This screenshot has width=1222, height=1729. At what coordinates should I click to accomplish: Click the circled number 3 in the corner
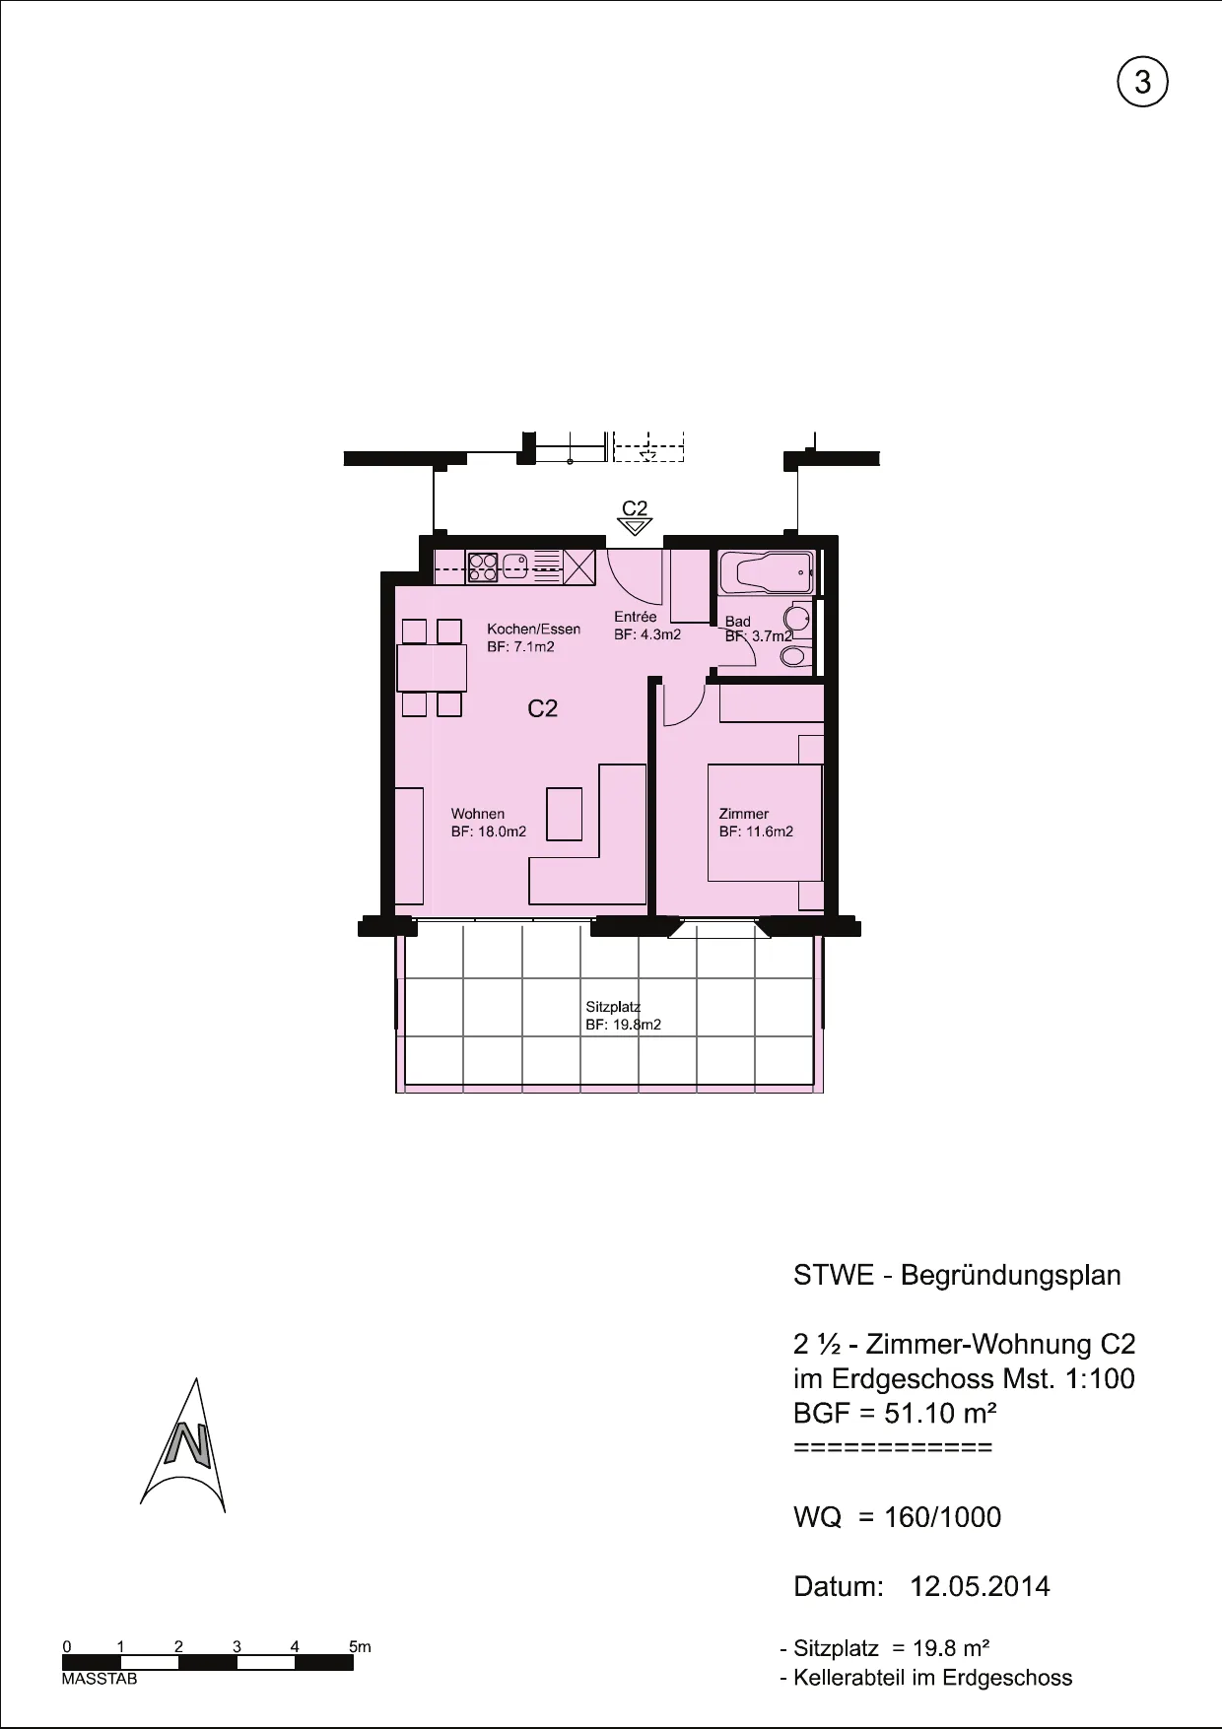(1142, 83)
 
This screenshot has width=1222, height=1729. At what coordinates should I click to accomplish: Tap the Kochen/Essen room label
(533, 629)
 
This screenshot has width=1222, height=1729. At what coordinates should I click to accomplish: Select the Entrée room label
(635, 617)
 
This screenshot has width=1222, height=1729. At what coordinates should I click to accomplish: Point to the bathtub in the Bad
(766, 572)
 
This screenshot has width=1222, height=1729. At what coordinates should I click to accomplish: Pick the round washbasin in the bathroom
(796, 618)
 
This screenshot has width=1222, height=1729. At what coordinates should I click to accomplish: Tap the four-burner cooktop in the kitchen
(483, 565)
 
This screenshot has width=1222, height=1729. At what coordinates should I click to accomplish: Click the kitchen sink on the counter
(516, 565)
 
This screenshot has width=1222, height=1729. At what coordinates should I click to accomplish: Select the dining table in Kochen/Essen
(431, 667)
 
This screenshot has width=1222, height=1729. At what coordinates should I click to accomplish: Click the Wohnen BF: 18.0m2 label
(489, 823)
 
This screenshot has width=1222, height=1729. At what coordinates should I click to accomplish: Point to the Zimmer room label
(744, 814)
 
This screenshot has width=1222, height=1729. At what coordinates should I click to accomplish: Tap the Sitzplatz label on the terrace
(613, 1007)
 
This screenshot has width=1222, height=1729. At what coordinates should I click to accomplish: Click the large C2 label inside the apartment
(543, 708)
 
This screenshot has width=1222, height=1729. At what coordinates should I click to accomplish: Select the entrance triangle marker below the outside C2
(635, 527)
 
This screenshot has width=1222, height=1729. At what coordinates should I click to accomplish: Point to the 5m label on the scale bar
(360, 1646)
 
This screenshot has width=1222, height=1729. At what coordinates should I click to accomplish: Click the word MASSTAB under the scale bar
(100, 1679)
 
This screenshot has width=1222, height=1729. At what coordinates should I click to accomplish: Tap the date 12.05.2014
(980, 1586)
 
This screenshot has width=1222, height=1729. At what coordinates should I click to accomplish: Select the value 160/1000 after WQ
(942, 1517)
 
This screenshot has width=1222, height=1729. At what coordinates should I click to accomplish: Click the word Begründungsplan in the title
(1011, 1276)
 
